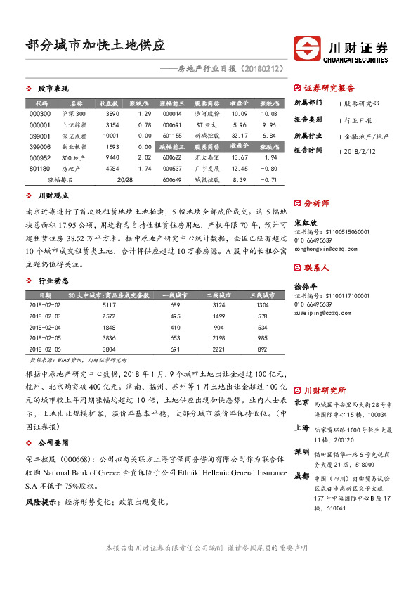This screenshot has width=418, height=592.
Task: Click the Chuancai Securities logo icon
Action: [308, 49]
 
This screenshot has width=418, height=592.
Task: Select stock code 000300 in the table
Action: [40, 114]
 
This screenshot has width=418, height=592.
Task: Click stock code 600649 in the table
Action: [171, 180]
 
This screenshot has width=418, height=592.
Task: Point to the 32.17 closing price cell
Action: [240, 135]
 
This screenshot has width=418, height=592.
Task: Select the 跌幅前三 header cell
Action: [171, 147]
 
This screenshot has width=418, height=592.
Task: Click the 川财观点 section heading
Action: [53, 195]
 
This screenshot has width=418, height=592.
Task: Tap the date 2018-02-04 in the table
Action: [46, 327]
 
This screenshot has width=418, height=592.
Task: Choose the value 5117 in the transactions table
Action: [109, 304]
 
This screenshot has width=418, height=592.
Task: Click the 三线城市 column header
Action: [262, 295]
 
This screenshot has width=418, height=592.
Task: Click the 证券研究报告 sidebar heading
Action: [329, 89]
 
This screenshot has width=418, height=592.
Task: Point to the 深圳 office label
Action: [301, 451]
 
